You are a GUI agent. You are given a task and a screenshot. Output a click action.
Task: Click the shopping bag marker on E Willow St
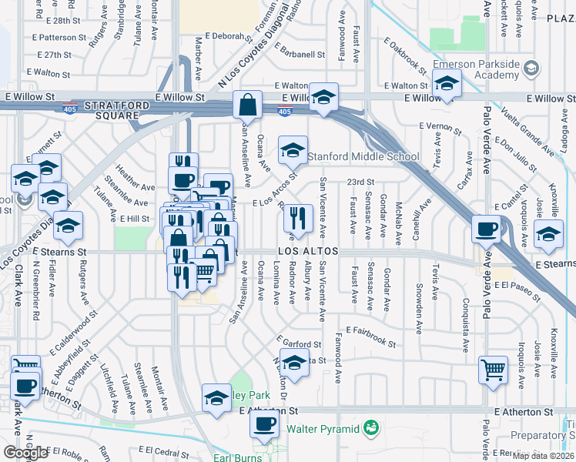click(249, 105)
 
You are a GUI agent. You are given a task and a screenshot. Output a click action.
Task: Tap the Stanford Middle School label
click(363, 157)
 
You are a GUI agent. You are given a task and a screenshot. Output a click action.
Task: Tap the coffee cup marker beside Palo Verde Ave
click(487, 230)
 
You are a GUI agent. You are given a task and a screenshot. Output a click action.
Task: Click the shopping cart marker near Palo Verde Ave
click(493, 369)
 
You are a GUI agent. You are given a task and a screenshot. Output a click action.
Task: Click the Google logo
click(25, 453)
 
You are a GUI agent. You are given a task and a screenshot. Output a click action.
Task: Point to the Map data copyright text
click(543, 456)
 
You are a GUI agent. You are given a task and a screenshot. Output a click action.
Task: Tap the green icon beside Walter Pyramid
click(370, 427)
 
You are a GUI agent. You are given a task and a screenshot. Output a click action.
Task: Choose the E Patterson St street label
click(60, 37)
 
